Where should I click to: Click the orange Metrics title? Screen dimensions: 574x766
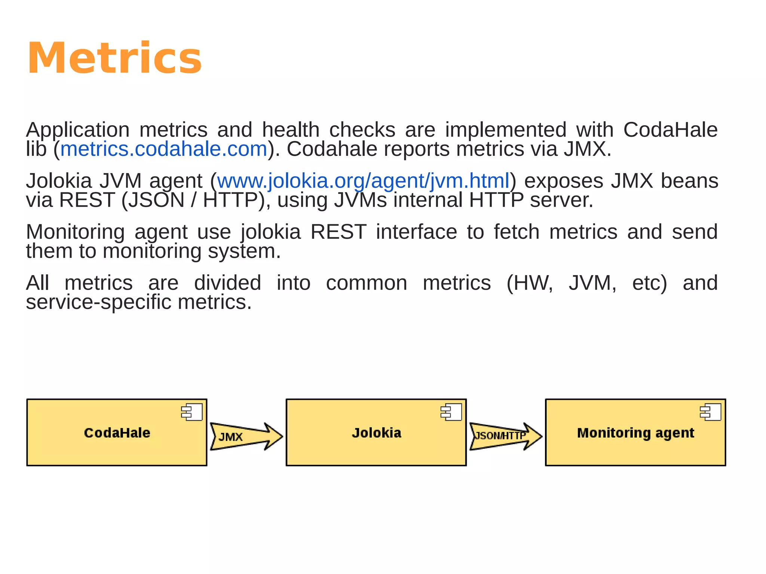click(114, 58)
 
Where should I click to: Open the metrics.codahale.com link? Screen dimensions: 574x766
click(164, 149)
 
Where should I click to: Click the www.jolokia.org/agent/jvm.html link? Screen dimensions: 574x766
click(363, 181)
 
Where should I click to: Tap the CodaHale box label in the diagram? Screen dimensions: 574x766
click(117, 433)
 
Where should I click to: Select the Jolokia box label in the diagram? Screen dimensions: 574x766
click(376, 433)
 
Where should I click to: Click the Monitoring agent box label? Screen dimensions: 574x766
click(635, 433)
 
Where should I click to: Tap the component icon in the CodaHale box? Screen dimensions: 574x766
click(191, 412)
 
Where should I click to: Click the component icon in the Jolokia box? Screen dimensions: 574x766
click(451, 412)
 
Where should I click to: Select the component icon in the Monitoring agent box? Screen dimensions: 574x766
click(710, 412)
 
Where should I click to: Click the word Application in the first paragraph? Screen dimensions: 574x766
click(78, 130)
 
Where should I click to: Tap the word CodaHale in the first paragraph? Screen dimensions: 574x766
click(670, 130)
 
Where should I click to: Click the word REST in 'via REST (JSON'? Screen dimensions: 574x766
click(87, 200)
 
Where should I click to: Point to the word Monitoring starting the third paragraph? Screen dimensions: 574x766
click(75, 232)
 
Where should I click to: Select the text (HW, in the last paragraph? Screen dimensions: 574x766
click(529, 283)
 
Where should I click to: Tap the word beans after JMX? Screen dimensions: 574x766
click(689, 181)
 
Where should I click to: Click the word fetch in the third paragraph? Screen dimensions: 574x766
click(517, 232)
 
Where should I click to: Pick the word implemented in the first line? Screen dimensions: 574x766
click(506, 130)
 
